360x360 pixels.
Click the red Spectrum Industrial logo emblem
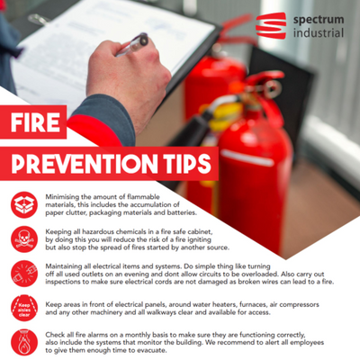[271, 25]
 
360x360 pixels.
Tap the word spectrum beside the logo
[319, 21]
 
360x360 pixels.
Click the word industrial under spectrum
[319, 32]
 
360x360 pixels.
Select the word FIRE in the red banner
[35, 122]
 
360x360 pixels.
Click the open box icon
[24, 204]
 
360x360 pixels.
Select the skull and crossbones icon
[24, 239]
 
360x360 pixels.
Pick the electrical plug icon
[24, 274]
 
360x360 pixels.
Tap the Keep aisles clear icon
[24, 308]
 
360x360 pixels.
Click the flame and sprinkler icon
[24, 343]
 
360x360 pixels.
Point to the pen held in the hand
[132, 45]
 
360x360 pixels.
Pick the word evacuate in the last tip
[152, 350]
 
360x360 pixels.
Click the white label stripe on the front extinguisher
[247, 157]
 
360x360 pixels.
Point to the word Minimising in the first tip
[60, 197]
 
